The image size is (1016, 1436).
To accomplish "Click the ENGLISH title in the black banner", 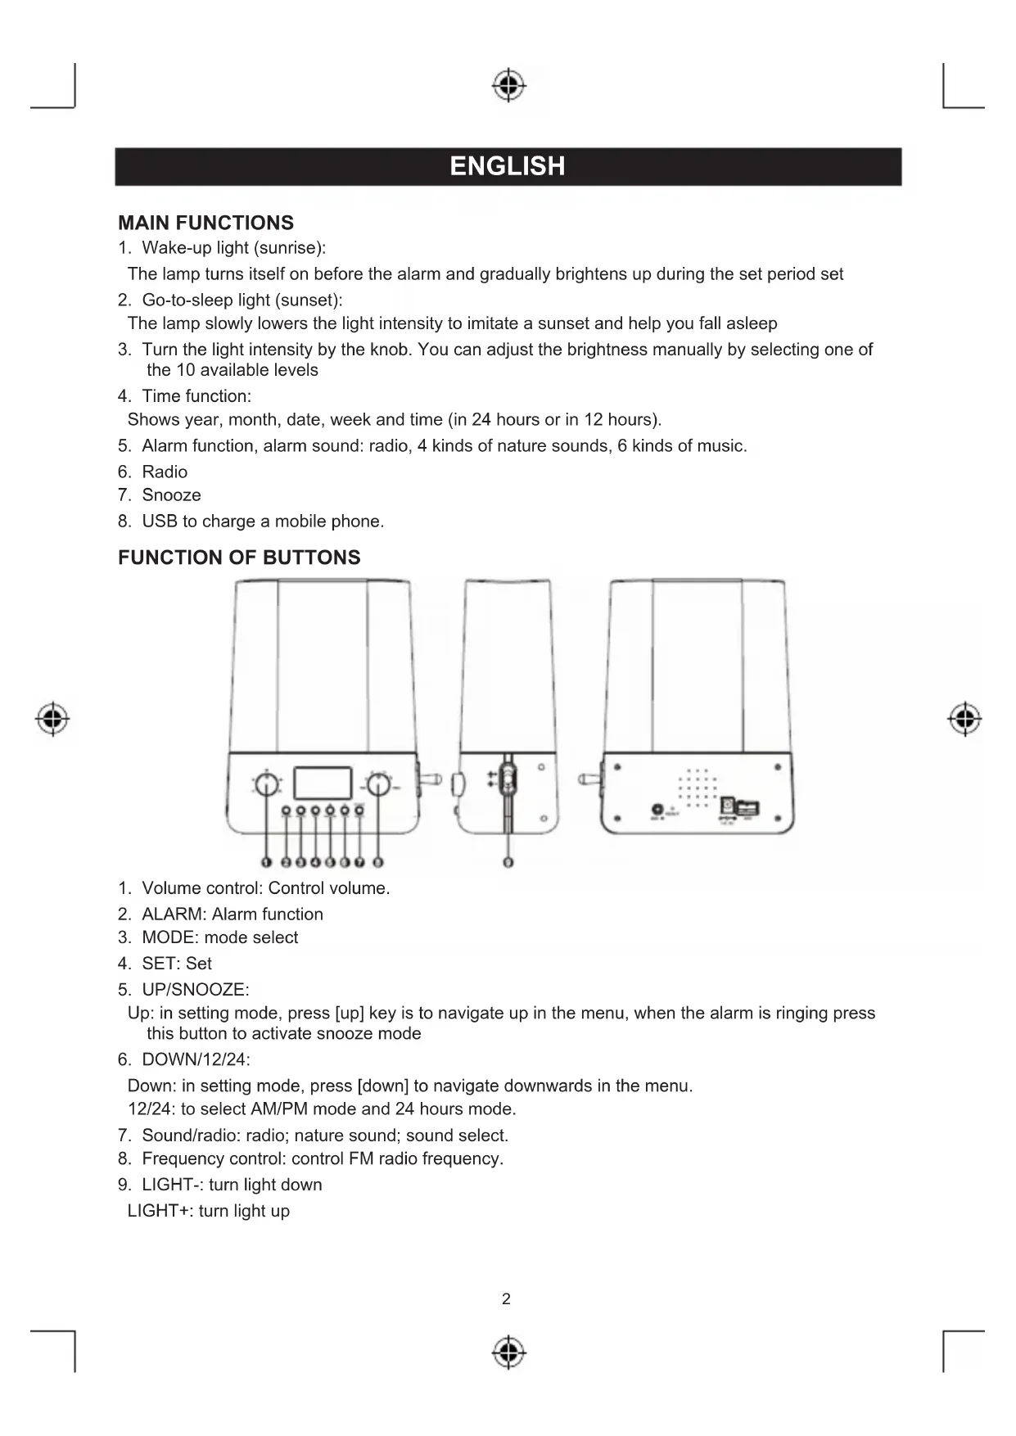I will click(508, 166).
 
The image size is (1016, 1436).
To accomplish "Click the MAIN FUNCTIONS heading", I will click(205, 223).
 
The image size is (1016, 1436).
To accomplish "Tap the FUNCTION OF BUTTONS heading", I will click(239, 558).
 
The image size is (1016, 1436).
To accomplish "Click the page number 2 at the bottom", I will click(506, 1298).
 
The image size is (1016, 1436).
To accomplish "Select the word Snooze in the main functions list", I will click(171, 495).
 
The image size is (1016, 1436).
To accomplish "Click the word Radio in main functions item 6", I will click(165, 472).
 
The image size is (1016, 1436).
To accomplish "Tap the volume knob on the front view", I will click(266, 785).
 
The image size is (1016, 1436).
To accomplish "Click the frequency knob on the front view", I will click(377, 785).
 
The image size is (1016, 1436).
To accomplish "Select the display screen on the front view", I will click(322, 783).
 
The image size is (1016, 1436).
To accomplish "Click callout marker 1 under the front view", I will click(266, 862).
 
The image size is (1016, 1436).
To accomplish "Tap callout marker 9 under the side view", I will click(508, 862).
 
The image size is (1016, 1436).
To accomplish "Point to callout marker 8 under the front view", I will click(378, 862).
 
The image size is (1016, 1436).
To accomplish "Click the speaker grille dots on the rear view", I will click(697, 788).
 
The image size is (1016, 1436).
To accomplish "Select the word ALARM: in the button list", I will click(174, 914).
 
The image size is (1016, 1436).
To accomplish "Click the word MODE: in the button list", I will click(169, 937).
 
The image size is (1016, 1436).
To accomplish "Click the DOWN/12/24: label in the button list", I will click(196, 1060).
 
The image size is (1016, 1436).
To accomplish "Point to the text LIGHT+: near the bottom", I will click(160, 1211).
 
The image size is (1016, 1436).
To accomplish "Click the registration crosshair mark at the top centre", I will click(508, 85).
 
